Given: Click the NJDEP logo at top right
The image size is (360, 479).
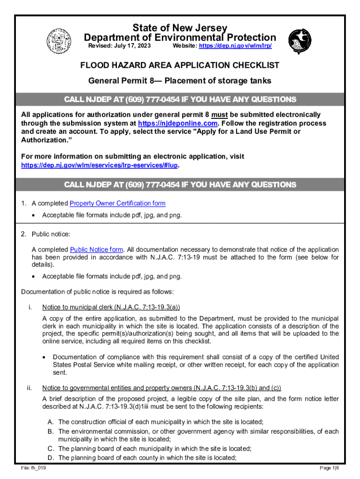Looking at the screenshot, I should pos(300,41).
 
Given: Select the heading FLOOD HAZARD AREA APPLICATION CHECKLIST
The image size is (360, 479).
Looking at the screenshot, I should pos(180,65).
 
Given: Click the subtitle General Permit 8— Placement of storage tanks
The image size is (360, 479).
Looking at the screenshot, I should pos(180,81).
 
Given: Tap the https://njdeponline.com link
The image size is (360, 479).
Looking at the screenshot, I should pos(178,123).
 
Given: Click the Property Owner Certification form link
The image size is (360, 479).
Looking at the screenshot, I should pos(117,203).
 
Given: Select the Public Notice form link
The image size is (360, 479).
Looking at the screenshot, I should pos(97,250).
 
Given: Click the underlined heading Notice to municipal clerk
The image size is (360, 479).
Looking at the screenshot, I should pos(111,307).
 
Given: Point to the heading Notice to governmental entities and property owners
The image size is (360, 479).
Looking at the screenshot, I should pos(161,388).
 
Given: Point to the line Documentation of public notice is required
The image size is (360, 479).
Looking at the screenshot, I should pos(97,292).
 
